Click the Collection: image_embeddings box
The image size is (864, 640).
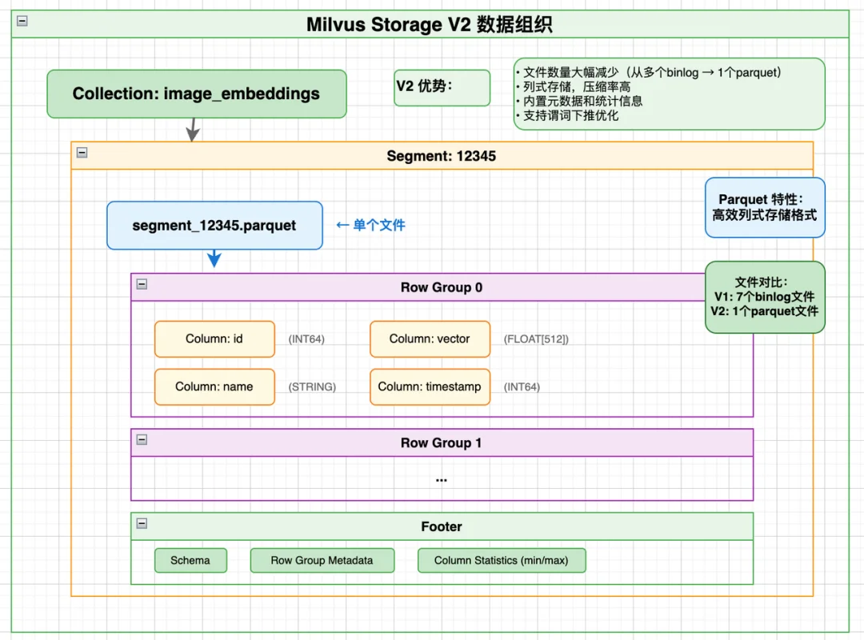(x=196, y=94)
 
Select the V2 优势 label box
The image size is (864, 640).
(x=442, y=87)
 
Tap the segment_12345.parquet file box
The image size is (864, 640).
(x=214, y=226)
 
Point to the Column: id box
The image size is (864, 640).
(x=214, y=339)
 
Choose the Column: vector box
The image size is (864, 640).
(x=430, y=339)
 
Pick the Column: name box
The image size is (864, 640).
(x=214, y=386)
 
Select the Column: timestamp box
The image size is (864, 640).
(x=430, y=386)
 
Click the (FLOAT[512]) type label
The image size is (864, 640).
(x=536, y=339)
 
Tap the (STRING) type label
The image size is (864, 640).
(x=312, y=387)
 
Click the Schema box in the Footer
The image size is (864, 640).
(x=190, y=561)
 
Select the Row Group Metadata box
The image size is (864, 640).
(x=322, y=561)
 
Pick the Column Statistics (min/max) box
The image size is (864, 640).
(x=502, y=561)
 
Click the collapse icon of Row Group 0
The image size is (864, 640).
(x=142, y=284)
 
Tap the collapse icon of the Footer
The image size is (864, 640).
(x=142, y=523)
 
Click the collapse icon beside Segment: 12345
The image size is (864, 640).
(x=82, y=152)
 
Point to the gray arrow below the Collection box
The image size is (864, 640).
(x=191, y=130)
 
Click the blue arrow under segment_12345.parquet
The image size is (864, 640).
(x=214, y=258)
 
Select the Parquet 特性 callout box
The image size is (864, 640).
(x=765, y=207)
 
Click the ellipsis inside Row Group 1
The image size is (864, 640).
(x=442, y=478)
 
